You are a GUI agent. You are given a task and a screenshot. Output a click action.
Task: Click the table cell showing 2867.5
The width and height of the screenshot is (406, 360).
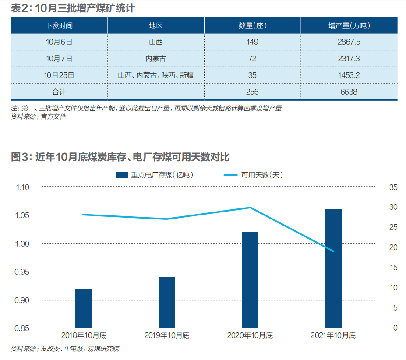coord(349,42)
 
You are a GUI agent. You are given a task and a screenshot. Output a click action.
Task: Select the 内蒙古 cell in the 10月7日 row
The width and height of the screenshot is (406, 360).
coord(155,58)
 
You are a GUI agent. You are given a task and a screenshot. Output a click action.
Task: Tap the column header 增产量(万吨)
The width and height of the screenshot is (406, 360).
coord(349,25)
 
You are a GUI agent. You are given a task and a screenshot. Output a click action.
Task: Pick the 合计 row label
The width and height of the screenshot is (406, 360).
coord(59,92)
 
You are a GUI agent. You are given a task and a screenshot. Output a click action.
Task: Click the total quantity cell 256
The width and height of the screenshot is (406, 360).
coord(252,92)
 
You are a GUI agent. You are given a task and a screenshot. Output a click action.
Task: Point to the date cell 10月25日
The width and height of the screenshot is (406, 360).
coord(59,75)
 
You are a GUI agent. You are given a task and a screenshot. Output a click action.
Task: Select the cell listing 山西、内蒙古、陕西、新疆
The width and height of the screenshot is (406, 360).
coord(155,75)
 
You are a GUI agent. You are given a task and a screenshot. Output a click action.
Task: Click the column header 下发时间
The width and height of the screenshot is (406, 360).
coord(59,25)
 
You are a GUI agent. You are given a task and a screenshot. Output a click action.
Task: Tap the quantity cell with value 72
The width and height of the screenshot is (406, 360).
coord(252,58)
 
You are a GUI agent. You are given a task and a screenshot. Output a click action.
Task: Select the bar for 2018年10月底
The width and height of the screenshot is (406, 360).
coord(84,308)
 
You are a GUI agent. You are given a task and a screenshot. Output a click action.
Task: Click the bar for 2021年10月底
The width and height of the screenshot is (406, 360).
coord(333,268)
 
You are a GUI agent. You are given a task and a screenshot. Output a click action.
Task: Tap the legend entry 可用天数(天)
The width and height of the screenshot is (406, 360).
coord(254,175)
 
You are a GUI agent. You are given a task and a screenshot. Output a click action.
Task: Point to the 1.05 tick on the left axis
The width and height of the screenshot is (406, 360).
coord(22,215)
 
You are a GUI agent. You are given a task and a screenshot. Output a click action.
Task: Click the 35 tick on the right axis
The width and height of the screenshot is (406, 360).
coord(393,187)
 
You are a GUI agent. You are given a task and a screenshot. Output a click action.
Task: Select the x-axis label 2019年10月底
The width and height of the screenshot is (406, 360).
coord(167,336)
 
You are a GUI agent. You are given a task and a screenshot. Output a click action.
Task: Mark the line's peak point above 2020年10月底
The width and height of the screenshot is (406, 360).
coord(250,207)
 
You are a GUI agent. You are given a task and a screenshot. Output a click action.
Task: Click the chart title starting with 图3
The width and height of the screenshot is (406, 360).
coord(120,157)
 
